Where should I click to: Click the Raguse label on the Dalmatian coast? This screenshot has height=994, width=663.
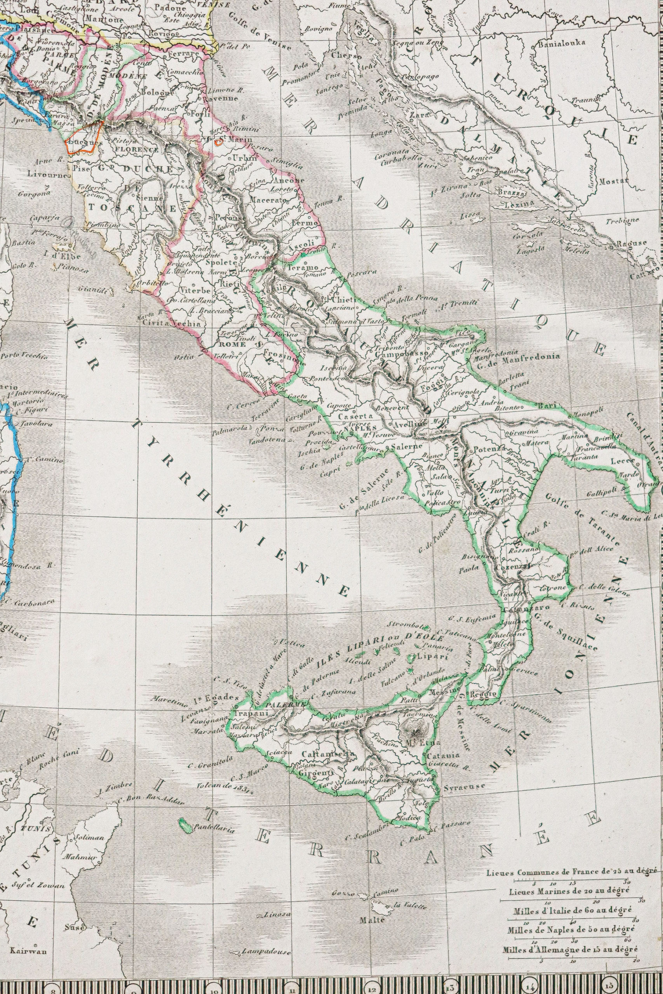(x=631, y=243)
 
